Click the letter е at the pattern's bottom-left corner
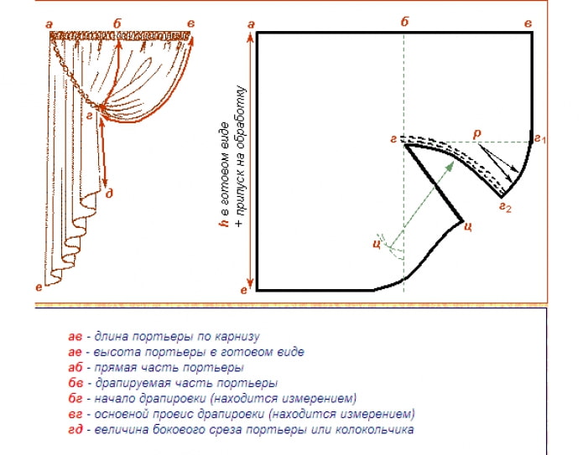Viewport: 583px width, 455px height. coord(244,290)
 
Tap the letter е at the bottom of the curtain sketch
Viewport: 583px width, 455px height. coord(39,287)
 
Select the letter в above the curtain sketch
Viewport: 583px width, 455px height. coord(192,23)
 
